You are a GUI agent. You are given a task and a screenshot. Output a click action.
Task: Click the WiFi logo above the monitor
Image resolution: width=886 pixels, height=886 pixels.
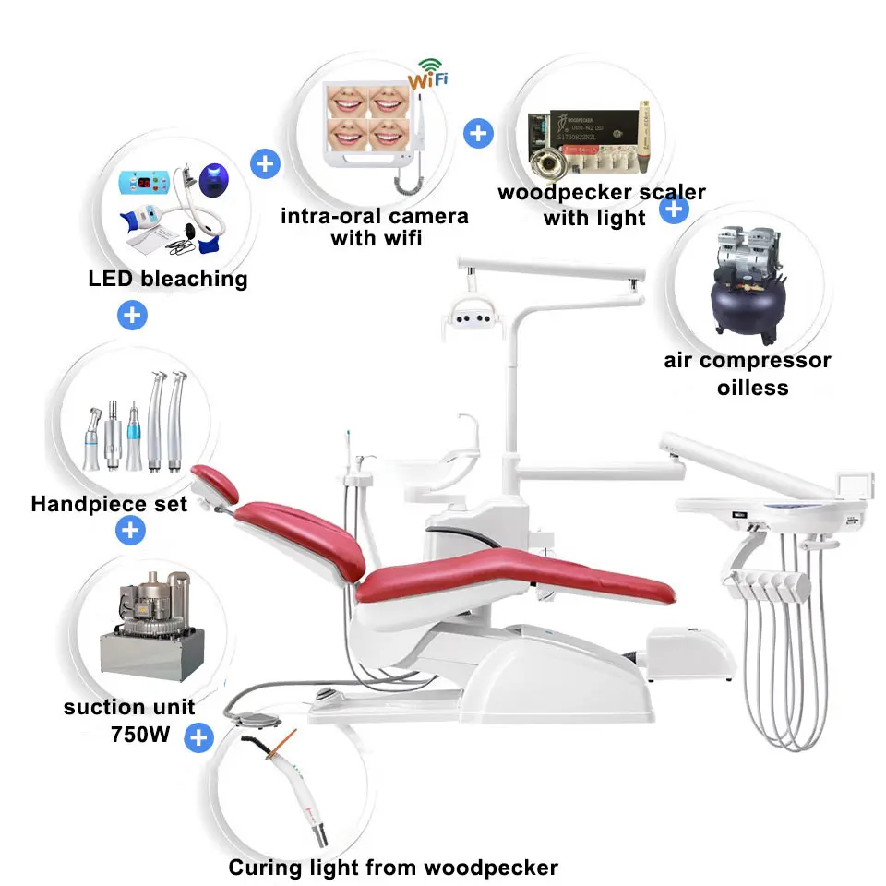click(x=429, y=73)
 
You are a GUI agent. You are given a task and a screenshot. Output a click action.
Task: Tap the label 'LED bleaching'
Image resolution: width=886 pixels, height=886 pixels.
click(x=168, y=279)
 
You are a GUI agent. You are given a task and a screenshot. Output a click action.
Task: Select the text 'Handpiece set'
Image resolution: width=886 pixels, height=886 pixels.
click(x=109, y=504)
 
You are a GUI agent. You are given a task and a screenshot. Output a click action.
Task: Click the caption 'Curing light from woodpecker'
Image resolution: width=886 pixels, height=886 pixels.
click(x=393, y=868)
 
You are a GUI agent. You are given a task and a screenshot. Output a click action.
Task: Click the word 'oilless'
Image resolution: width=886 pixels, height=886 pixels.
click(x=753, y=388)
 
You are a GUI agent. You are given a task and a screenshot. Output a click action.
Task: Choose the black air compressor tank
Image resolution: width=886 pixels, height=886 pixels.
click(x=746, y=305)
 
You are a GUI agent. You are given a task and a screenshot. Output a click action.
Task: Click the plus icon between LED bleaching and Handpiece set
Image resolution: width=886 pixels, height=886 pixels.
click(x=132, y=315)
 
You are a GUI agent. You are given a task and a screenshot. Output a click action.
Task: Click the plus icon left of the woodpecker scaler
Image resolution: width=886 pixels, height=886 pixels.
click(x=477, y=133)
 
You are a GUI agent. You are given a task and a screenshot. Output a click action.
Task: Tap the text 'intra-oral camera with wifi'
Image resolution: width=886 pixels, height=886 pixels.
click(x=375, y=227)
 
